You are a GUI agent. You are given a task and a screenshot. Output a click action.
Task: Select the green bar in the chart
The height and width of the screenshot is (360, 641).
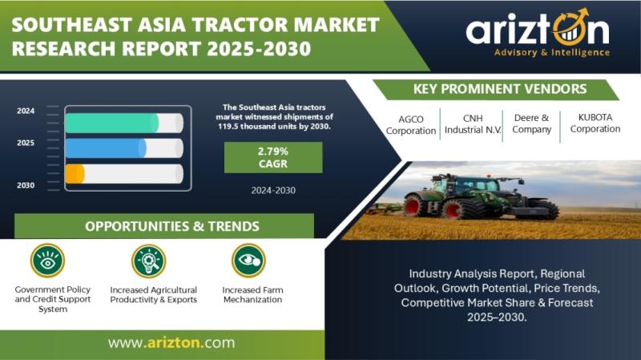pyautogui.click(x=112, y=123)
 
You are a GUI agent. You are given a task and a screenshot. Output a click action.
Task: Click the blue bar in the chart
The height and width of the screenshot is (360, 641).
pyautogui.click(x=106, y=148)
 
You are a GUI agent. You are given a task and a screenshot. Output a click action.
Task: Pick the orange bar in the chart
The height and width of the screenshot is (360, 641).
pyautogui.click(x=75, y=173)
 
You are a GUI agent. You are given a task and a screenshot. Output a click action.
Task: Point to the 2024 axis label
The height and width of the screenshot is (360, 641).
pyautogui.click(x=26, y=111)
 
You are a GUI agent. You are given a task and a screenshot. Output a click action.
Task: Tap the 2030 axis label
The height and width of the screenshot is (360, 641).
pyautogui.click(x=26, y=185)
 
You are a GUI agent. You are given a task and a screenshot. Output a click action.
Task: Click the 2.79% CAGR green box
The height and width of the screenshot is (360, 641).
pyautogui.click(x=273, y=157)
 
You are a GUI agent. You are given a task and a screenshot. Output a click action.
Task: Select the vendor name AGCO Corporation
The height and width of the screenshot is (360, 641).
pyautogui.click(x=411, y=125)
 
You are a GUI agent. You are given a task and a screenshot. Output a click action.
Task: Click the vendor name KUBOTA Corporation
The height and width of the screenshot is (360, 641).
pyautogui.click(x=595, y=123)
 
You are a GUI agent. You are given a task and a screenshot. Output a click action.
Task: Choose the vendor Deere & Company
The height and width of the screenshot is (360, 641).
pyautogui.click(x=531, y=123)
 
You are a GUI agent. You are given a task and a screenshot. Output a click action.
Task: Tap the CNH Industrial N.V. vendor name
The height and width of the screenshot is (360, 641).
pyautogui.click(x=473, y=124)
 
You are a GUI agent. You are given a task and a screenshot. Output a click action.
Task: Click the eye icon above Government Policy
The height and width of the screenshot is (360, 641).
pyautogui.click(x=47, y=261)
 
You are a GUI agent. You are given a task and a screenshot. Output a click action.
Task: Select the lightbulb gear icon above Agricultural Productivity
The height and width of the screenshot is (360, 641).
pyautogui.click(x=149, y=261)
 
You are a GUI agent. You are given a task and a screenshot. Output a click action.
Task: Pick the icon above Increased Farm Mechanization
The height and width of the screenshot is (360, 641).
pyautogui.click(x=248, y=261)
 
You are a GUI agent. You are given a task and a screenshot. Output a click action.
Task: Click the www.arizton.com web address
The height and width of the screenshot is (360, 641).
pyautogui.click(x=171, y=342)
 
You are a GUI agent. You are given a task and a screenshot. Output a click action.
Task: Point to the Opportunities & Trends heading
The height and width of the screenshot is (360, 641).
pyautogui.click(x=172, y=226)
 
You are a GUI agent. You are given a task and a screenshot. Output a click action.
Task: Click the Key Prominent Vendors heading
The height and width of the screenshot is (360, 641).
pyautogui.click(x=499, y=89)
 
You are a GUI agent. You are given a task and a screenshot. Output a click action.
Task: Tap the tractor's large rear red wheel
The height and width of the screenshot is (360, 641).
pyautogui.click(x=413, y=205)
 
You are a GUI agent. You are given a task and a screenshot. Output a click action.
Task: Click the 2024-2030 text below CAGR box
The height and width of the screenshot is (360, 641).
pyautogui.click(x=273, y=190)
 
